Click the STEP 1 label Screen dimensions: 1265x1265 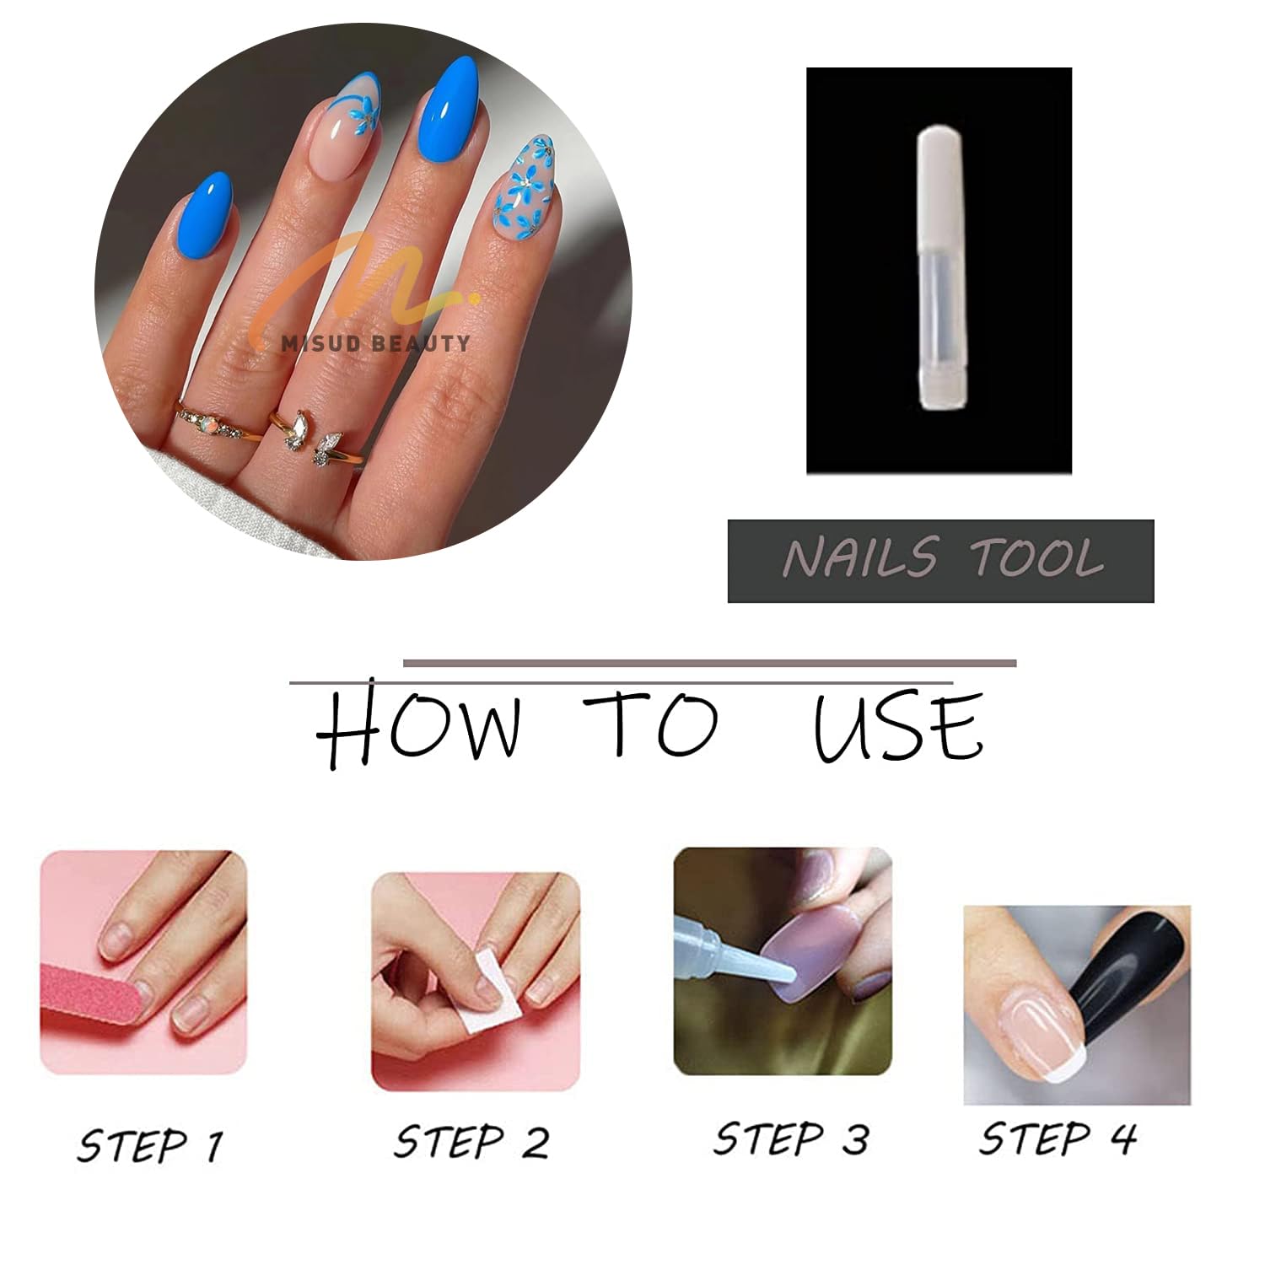pyautogui.click(x=150, y=1145)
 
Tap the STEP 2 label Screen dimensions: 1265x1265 pyautogui.click(x=471, y=1142)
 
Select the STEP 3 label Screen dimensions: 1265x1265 pyautogui.click(x=790, y=1138)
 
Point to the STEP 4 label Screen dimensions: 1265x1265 pyautogui.click(x=1058, y=1138)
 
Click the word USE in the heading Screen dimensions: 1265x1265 pyautogui.click(x=897, y=727)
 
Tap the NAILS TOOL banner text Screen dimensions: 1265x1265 pyautogui.click(x=941, y=559)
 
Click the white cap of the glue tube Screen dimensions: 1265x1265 pyautogui.click(x=939, y=169)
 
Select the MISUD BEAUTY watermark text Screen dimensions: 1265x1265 pyautogui.click(x=375, y=342)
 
